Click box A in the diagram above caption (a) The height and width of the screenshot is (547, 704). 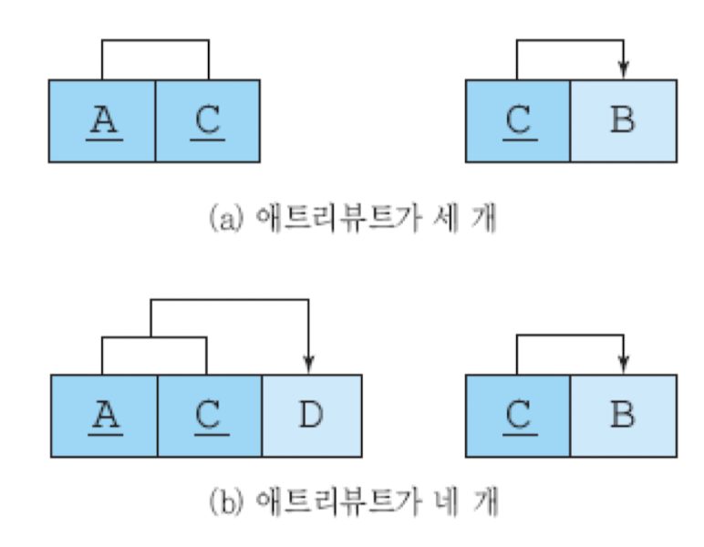[x=102, y=121]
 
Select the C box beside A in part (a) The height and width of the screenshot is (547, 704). [x=208, y=121]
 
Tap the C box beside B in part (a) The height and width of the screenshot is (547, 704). [x=518, y=121]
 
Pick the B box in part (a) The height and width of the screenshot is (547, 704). [x=623, y=121]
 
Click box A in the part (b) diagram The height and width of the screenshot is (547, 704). [x=104, y=417]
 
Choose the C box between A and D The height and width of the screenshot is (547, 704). [x=209, y=417]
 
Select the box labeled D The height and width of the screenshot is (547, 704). [x=311, y=417]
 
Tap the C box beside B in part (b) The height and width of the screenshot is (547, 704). [x=518, y=417]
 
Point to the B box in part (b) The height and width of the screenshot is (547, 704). [x=623, y=417]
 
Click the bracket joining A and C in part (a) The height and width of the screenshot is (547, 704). [x=155, y=40]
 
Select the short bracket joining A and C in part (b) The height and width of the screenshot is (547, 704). [x=153, y=338]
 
